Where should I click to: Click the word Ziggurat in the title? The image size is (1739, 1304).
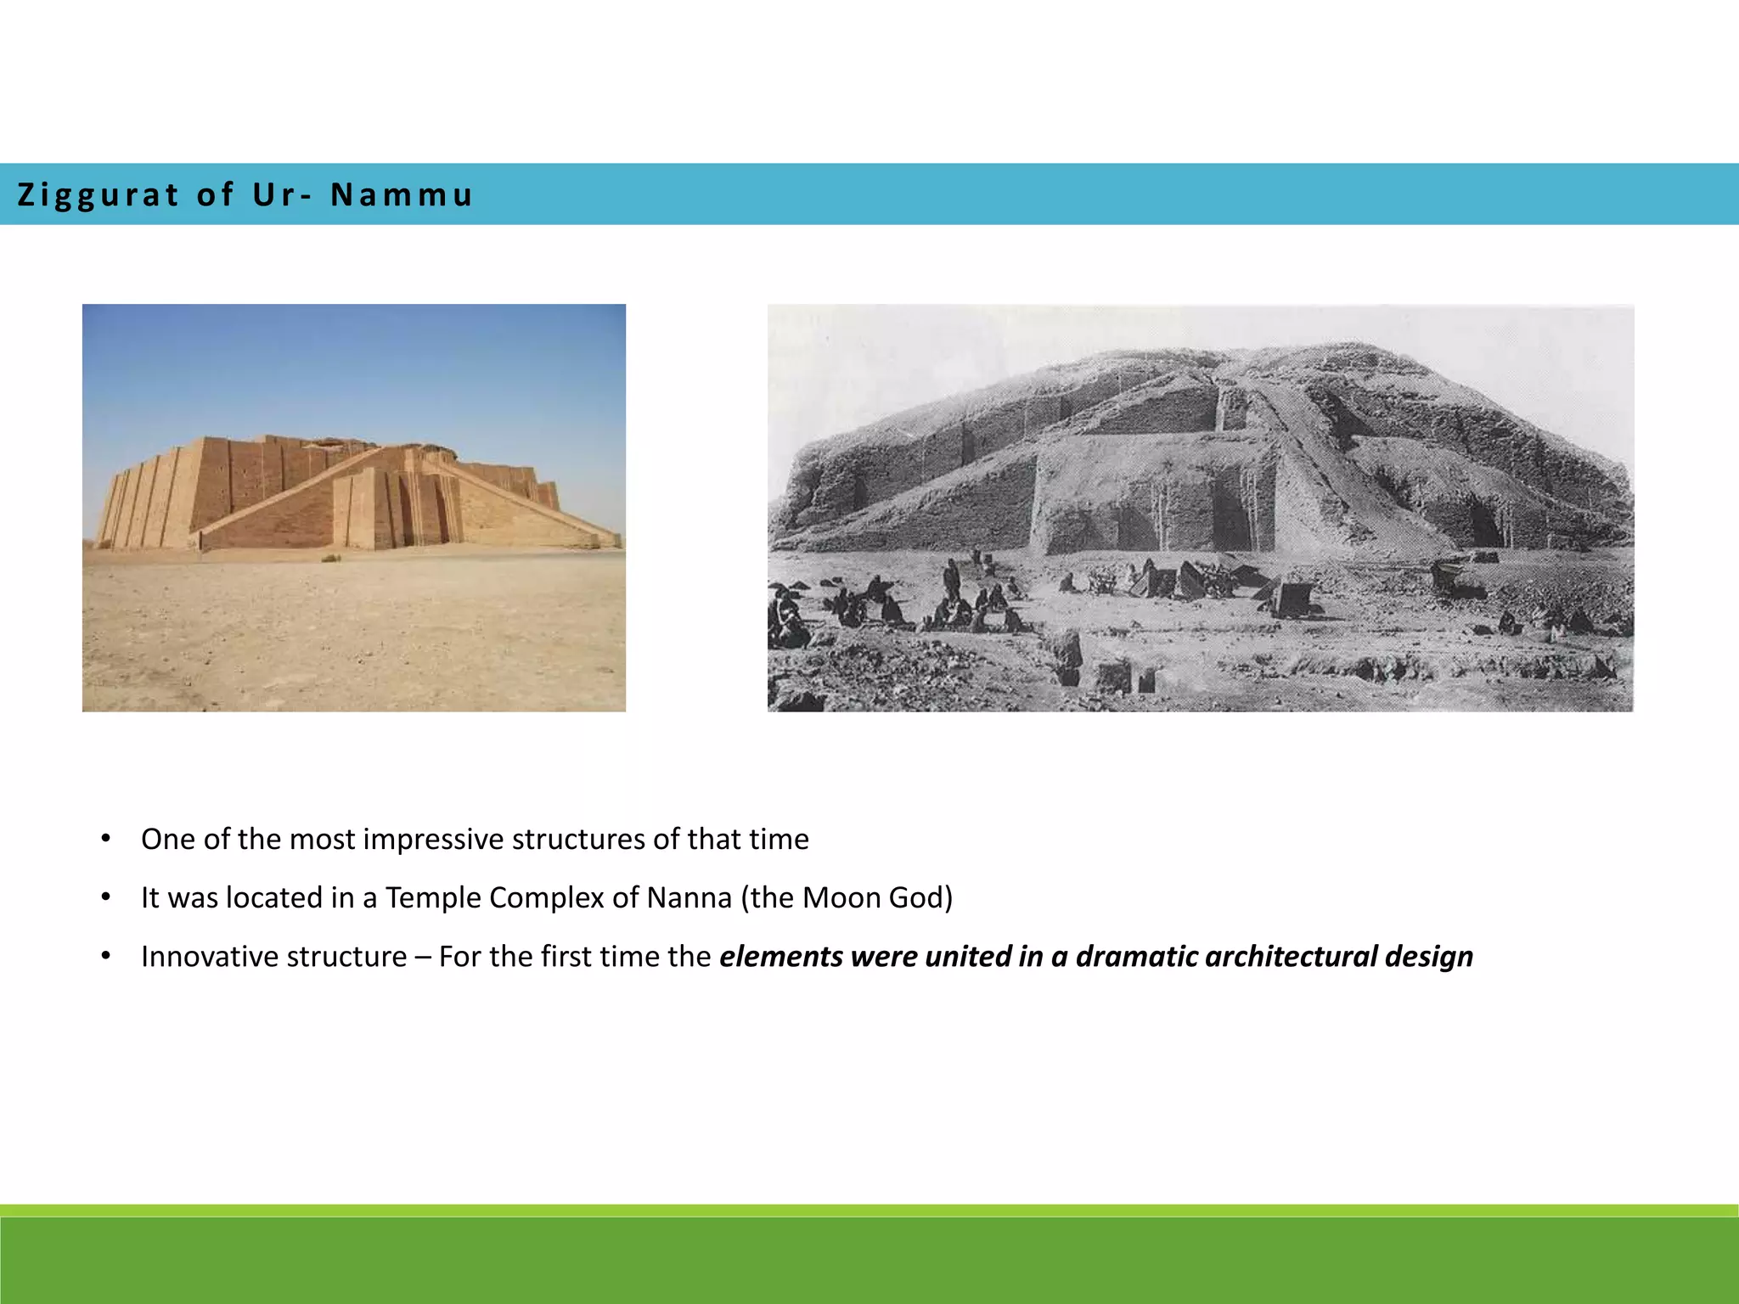click(98, 195)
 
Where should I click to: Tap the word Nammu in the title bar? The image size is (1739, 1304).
click(401, 195)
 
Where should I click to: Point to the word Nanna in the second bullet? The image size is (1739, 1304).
click(689, 897)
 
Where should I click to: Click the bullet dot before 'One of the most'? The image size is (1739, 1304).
click(106, 839)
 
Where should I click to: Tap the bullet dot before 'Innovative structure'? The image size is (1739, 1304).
click(106, 956)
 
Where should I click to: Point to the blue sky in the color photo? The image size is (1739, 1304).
click(340, 365)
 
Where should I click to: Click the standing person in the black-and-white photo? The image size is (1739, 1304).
click(952, 579)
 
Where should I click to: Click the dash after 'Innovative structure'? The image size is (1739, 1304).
click(422, 957)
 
